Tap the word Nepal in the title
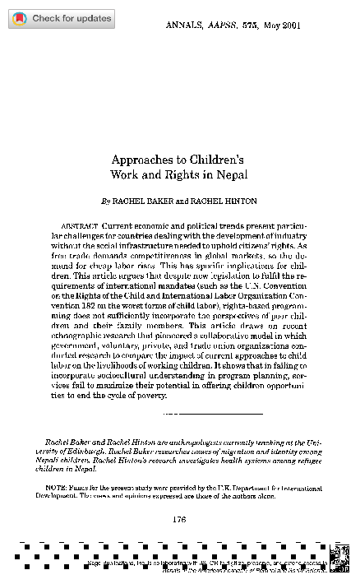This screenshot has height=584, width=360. [233, 174]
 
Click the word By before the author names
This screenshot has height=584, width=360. [104, 200]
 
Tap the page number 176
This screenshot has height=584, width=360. [180, 517]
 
